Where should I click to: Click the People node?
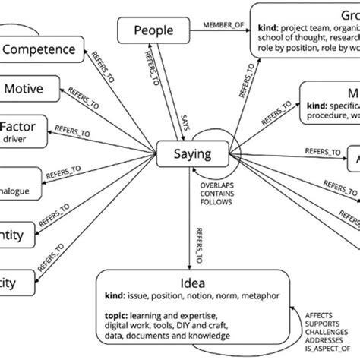point(153,31)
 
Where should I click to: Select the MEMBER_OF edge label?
point(222,27)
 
